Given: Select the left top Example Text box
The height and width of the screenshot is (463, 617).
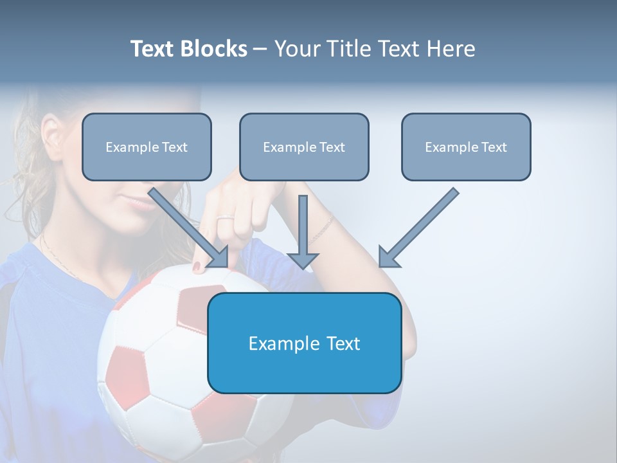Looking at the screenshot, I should pyautogui.click(x=147, y=147).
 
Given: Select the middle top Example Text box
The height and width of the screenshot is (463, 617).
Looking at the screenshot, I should pyautogui.click(x=304, y=147).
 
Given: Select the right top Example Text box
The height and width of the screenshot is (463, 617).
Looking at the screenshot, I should pyautogui.click(x=466, y=147).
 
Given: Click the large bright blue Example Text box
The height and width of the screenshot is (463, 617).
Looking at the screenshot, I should pyautogui.click(x=305, y=343).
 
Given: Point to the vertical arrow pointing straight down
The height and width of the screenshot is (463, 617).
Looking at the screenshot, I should pyautogui.click(x=303, y=232).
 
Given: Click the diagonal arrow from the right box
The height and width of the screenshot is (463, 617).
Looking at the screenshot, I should pyautogui.click(x=418, y=228).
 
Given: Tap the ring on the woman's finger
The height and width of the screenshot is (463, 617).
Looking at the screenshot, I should pyautogui.click(x=225, y=219).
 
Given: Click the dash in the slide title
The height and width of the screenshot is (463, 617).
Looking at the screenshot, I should pyautogui.click(x=260, y=50).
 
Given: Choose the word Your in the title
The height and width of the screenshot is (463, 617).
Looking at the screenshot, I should pyautogui.click(x=297, y=49).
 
